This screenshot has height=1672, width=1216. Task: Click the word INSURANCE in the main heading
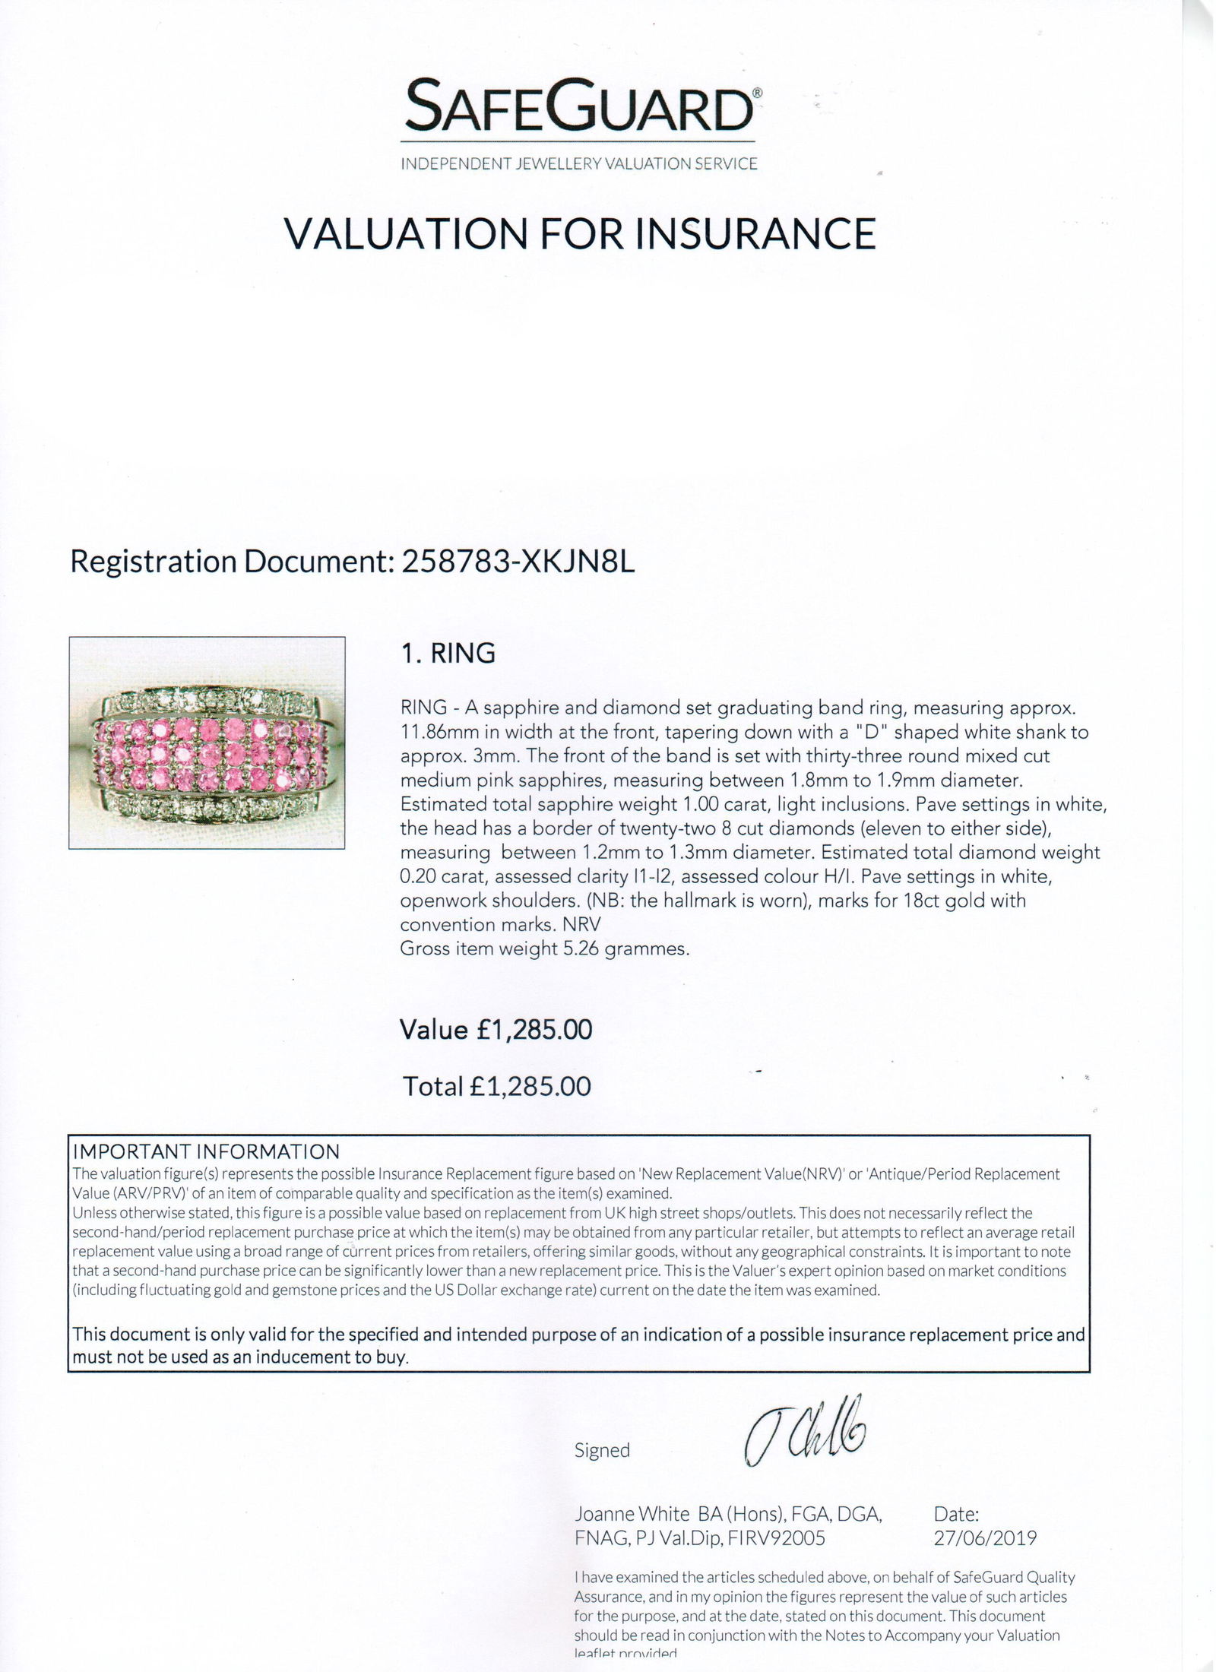tap(755, 233)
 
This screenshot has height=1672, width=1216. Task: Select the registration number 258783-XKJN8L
tap(516, 562)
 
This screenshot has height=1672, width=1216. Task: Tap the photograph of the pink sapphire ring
tap(207, 743)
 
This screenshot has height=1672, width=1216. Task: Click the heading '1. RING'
tap(448, 653)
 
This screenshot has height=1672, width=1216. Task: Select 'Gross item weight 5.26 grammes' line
tap(544, 948)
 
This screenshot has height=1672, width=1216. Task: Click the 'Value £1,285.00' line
tap(496, 1030)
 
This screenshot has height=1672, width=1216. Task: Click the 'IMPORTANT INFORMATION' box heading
tap(205, 1152)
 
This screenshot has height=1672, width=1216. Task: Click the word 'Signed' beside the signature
tap(602, 1450)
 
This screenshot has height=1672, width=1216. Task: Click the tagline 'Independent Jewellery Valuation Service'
tap(579, 163)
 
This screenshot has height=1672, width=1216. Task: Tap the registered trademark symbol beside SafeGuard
tap(757, 92)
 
